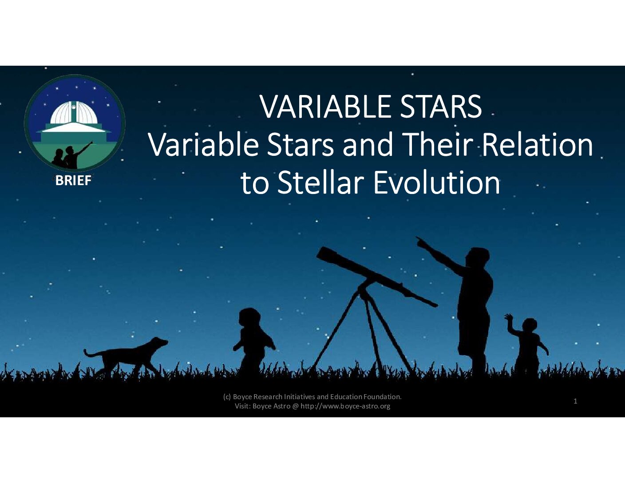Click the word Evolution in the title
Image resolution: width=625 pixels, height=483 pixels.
[x=437, y=182]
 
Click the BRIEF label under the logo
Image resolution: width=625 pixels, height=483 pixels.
[x=73, y=181]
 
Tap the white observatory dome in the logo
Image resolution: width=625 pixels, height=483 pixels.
[x=74, y=113]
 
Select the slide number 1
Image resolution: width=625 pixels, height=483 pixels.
[x=575, y=401]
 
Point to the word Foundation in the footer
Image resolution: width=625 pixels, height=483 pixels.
[x=383, y=397]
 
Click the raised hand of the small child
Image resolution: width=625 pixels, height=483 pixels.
[x=509, y=317]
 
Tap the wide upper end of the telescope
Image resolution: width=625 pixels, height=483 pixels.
[x=324, y=254]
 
